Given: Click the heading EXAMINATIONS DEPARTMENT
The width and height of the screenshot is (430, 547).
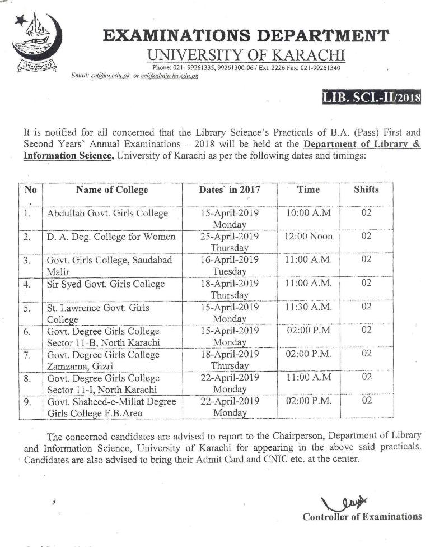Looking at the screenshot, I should (246, 36).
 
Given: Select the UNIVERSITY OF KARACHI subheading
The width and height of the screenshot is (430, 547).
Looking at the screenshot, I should (246, 55).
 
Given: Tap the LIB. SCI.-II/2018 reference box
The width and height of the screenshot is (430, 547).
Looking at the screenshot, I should (372, 99).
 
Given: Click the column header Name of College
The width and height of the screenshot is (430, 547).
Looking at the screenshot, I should (112, 190).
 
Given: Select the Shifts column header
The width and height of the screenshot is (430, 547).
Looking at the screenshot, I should (366, 189).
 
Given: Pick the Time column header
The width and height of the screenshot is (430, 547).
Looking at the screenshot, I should (309, 189).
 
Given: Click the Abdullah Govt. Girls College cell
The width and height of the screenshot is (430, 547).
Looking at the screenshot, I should (107, 214).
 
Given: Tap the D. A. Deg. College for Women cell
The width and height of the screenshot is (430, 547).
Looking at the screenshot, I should (111, 237).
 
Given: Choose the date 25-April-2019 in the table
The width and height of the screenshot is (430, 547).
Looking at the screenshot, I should (230, 237).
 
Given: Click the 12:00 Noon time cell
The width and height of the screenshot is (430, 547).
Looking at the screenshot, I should (309, 237).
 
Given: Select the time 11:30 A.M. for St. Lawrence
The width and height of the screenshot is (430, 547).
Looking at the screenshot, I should (309, 307).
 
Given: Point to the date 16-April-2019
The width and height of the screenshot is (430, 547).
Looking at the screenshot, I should (230, 260).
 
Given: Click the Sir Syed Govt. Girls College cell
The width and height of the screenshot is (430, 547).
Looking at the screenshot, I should (106, 284).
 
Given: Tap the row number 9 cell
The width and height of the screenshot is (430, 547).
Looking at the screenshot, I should (27, 401).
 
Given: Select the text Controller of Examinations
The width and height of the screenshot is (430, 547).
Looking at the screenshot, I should (362, 517).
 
